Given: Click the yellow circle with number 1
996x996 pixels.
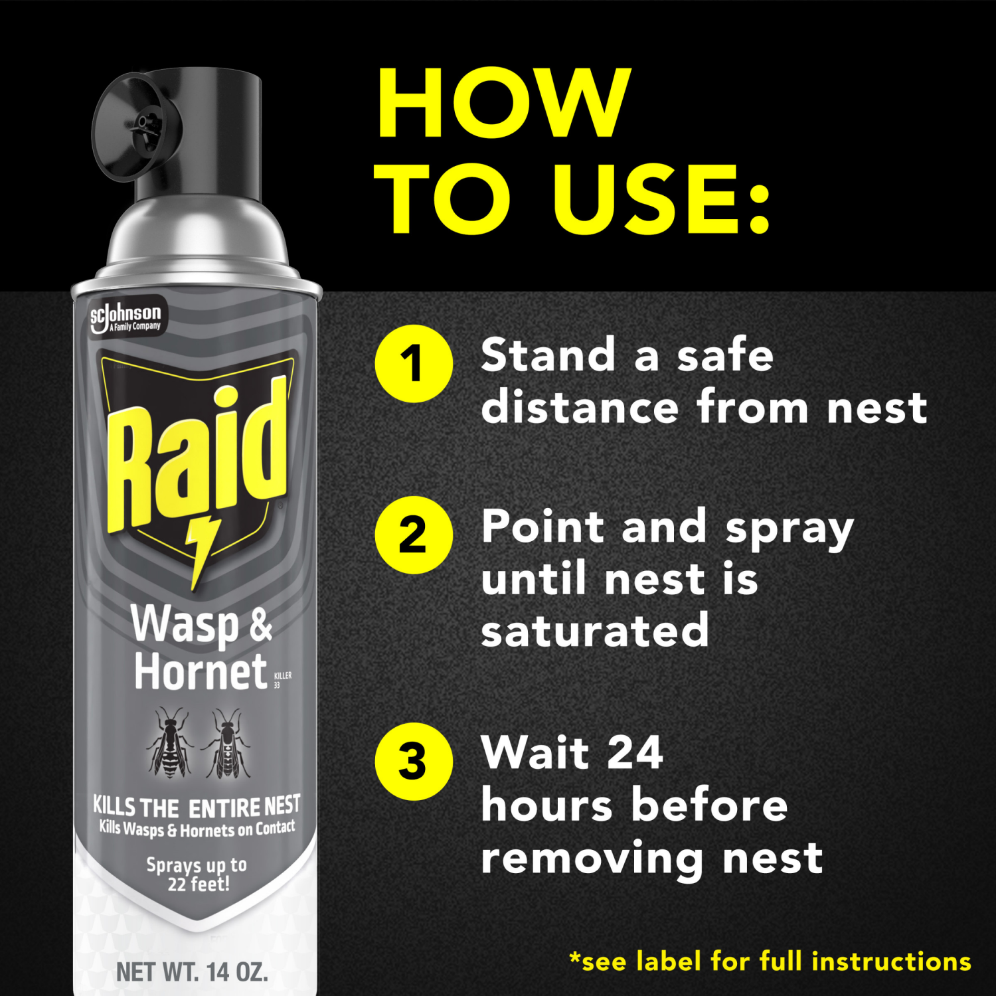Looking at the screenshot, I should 414,364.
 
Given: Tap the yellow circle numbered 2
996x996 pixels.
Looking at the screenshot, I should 414,535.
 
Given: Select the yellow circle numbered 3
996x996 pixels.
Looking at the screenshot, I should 414,762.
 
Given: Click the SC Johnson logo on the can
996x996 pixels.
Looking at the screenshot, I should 126,317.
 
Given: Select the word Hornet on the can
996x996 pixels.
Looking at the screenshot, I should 200,672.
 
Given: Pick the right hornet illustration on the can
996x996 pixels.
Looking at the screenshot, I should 228,743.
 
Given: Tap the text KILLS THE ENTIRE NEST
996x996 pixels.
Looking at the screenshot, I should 197,807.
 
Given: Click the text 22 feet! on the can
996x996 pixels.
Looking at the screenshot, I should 198,884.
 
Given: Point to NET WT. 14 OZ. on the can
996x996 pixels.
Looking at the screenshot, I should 192,972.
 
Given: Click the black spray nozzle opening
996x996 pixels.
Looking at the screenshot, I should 141,123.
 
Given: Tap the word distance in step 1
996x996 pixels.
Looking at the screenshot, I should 580,407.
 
